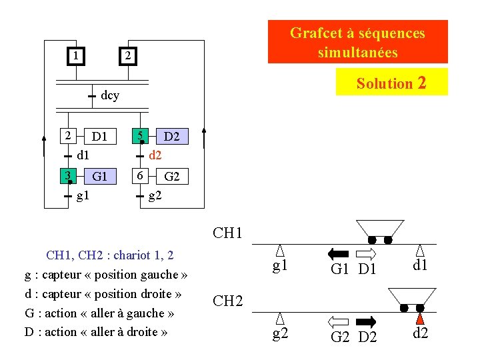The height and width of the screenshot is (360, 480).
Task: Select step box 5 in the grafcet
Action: click(140, 137)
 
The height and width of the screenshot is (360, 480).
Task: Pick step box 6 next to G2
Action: click(140, 176)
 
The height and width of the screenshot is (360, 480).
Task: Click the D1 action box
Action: click(100, 137)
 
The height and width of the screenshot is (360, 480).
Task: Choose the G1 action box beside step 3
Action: click(100, 177)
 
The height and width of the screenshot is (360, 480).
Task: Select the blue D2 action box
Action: click(171, 137)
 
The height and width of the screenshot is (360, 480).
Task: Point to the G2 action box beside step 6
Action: click(172, 177)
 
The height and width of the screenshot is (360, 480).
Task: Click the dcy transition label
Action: click(110, 96)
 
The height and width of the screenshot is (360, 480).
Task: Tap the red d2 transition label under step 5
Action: click(155, 156)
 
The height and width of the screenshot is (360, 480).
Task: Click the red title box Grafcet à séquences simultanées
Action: click(357, 42)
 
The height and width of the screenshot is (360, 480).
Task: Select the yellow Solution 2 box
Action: click(391, 83)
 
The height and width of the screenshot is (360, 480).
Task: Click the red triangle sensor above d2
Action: click(420, 319)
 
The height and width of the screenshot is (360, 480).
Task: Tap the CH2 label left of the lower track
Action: click(227, 301)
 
